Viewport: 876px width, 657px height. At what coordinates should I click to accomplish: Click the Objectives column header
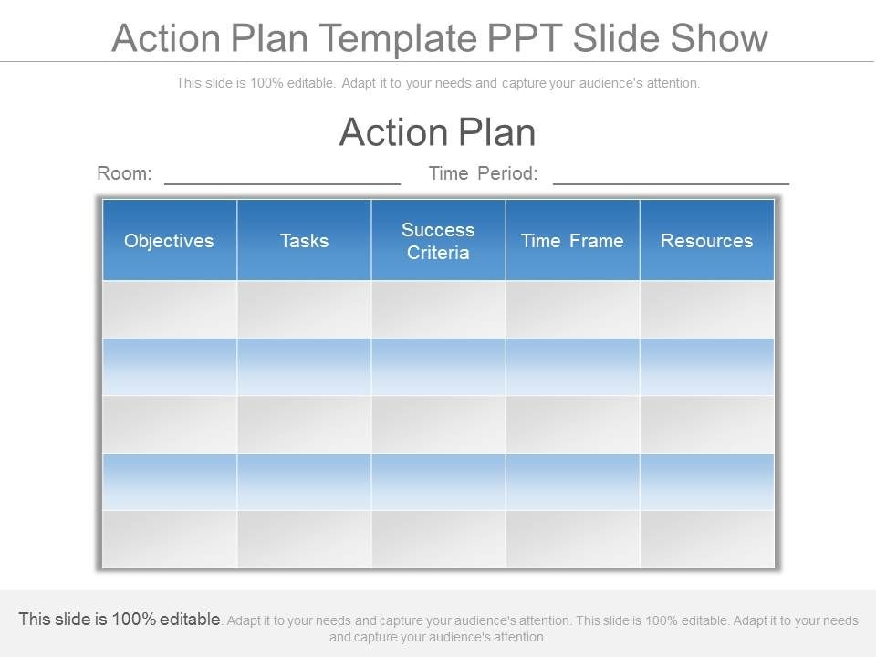tap(170, 240)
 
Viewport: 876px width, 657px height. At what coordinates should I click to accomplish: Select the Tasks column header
tap(304, 240)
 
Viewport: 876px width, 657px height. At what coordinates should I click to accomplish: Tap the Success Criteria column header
tap(438, 240)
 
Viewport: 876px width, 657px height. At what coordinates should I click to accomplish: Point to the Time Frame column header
tap(573, 240)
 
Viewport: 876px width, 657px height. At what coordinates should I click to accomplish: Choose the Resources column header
tap(706, 240)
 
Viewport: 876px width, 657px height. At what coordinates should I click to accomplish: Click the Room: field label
tap(124, 173)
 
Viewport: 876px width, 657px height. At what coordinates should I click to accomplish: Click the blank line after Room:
tap(283, 183)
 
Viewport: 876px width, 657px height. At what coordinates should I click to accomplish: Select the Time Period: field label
tap(484, 173)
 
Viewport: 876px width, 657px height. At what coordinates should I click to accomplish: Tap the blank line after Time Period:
tap(671, 183)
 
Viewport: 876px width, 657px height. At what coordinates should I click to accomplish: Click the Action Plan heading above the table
tap(437, 132)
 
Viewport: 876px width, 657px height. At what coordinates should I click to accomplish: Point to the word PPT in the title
tap(524, 38)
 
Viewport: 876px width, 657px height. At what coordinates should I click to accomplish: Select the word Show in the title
tap(718, 38)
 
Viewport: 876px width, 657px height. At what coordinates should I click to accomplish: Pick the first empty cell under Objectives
tap(170, 309)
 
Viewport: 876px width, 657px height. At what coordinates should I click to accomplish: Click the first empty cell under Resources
tap(706, 309)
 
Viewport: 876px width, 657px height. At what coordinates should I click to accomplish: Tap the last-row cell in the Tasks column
tap(304, 539)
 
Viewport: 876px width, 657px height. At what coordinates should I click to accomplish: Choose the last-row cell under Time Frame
tap(573, 539)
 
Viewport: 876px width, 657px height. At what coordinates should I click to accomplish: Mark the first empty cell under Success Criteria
tap(438, 309)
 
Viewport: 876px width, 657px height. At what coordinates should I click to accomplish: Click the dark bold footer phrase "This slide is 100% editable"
tap(120, 619)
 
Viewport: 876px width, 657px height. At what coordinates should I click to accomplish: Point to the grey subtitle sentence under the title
tap(438, 83)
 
